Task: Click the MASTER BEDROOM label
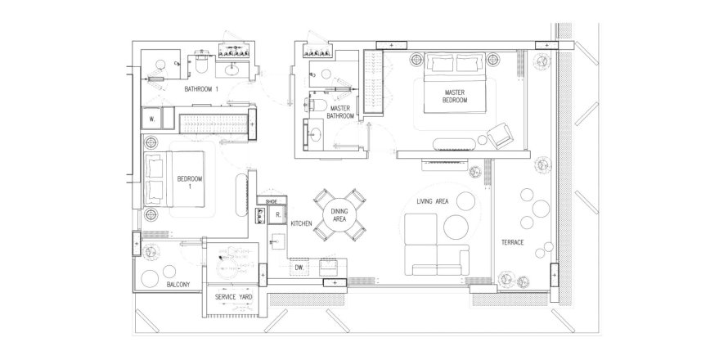(x=455, y=97)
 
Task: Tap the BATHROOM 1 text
(x=201, y=88)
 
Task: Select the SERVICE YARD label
(x=234, y=297)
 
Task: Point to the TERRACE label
(x=513, y=242)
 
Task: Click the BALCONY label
(x=178, y=285)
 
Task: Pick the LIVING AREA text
(x=432, y=201)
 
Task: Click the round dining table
(x=339, y=214)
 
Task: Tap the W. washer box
(x=152, y=119)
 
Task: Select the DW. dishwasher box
(x=299, y=268)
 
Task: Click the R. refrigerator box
(x=277, y=215)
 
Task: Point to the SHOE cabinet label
(x=271, y=201)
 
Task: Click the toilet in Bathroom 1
(x=201, y=66)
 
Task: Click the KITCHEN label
(x=301, y=223)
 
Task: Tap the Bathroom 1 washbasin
(x=231, y=70)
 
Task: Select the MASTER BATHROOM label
(x=341, y=112)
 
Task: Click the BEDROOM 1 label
(x=190, y=182)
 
